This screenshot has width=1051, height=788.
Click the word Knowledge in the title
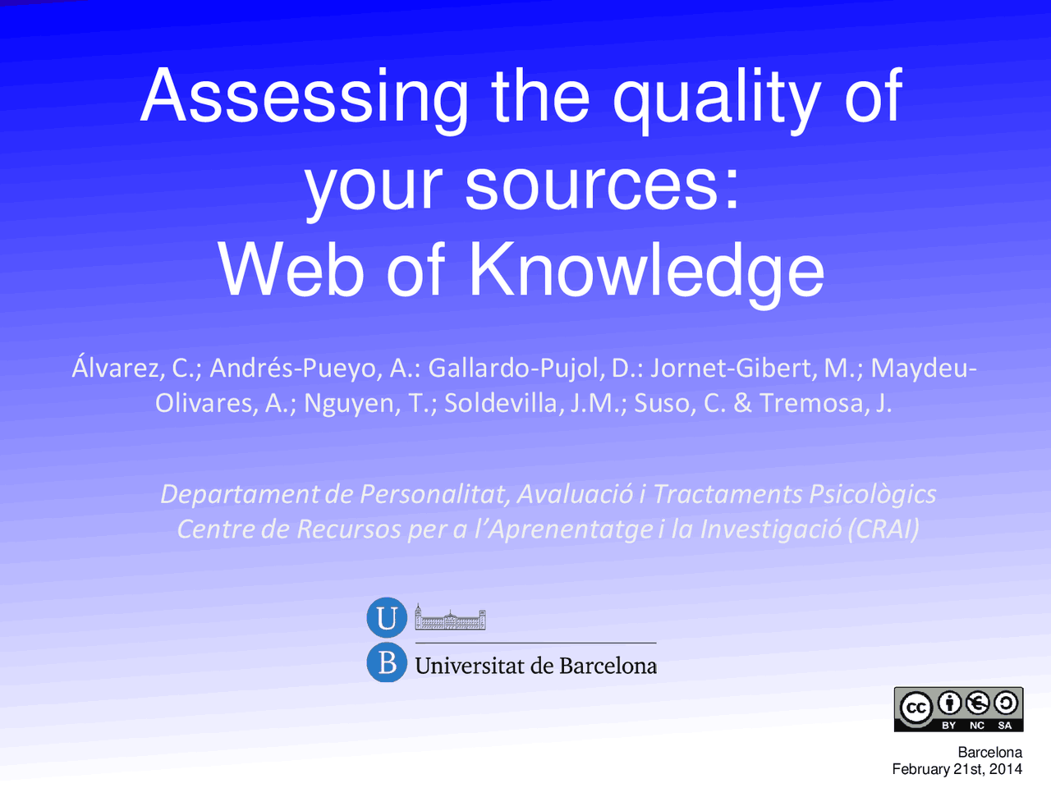click(646, 271)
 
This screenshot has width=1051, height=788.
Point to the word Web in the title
click(291, 271)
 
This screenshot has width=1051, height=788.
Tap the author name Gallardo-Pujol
click(516, 368)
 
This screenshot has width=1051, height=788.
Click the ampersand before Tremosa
click(742, 403)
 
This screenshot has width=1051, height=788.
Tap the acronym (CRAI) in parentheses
click(883, 529)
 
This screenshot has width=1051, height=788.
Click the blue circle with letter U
click(387, 618)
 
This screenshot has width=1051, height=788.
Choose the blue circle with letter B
click(387, 662)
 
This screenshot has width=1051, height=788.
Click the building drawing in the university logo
click(450, 617)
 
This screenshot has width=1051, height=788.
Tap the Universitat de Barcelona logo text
click(535, 666)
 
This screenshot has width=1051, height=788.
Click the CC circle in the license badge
click(916, 708)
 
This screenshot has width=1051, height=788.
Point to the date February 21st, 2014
click(957, 769)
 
